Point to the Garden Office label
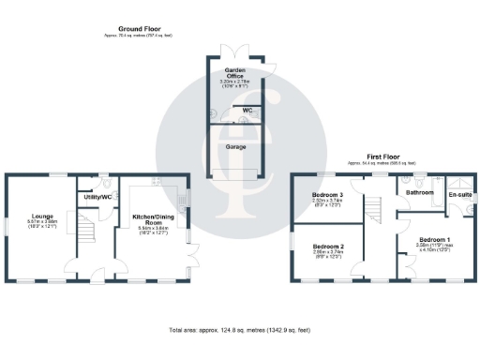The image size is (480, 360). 234,73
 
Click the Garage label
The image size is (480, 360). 234,147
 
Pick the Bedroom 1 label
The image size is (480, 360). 432,239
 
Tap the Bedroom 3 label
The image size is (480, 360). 327,195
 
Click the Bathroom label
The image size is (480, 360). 419,192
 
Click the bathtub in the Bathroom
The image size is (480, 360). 418,180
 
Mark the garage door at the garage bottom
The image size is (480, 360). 234,176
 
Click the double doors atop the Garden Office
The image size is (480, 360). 234,52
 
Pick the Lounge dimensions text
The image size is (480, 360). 37,225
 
